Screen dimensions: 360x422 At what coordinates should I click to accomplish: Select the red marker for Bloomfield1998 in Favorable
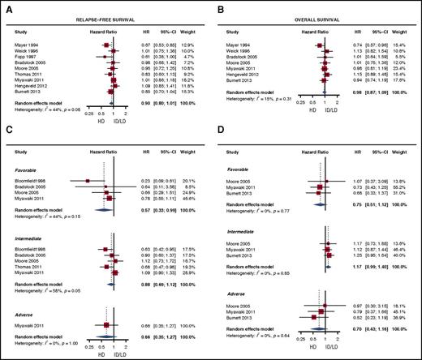click(x=86, y=181)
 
